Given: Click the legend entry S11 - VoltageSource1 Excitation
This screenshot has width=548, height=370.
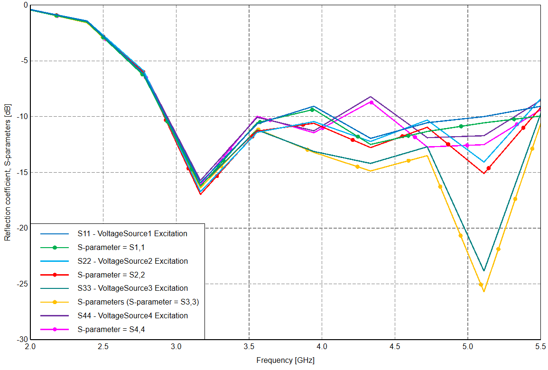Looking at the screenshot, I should (x=132, y=233).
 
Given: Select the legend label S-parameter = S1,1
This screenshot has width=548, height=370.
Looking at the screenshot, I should (x=117, y=247).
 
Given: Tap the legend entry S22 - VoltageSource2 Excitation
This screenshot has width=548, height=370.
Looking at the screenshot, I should (x=133, y=261).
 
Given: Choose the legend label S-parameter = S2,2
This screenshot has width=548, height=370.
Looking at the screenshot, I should (x=117, y=275).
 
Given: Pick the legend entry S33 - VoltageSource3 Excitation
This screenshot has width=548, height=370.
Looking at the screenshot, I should (x=133, y=288).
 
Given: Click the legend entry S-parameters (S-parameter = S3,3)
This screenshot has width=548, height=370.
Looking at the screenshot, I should (x=141, y=302).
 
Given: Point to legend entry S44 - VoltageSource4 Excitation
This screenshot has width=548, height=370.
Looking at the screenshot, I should (x=133, y=315).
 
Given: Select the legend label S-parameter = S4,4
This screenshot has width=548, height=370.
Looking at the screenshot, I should (x=117, y=329).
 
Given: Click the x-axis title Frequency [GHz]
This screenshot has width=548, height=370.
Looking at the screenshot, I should (x=285, y=360).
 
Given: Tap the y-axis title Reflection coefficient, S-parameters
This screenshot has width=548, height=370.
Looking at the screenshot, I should (x=8, y=173).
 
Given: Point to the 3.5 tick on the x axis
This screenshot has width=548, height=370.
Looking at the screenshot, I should (x=249, y=347).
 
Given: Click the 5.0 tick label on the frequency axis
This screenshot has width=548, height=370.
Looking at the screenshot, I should (x=468, y=347).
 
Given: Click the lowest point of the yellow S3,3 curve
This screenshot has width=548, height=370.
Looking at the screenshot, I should (x=484, y=291).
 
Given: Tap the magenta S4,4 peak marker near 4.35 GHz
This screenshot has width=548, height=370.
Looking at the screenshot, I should (x=371, y=102).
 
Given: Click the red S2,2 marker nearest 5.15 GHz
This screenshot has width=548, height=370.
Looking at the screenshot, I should (x=488, y=168).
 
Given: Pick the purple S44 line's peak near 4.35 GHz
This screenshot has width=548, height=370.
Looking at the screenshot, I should (x=371, y=96).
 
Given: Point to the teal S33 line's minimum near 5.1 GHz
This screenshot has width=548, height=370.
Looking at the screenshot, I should (x=484, y=271).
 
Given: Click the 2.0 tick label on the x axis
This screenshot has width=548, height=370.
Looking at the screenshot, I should (x=30, y=347).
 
